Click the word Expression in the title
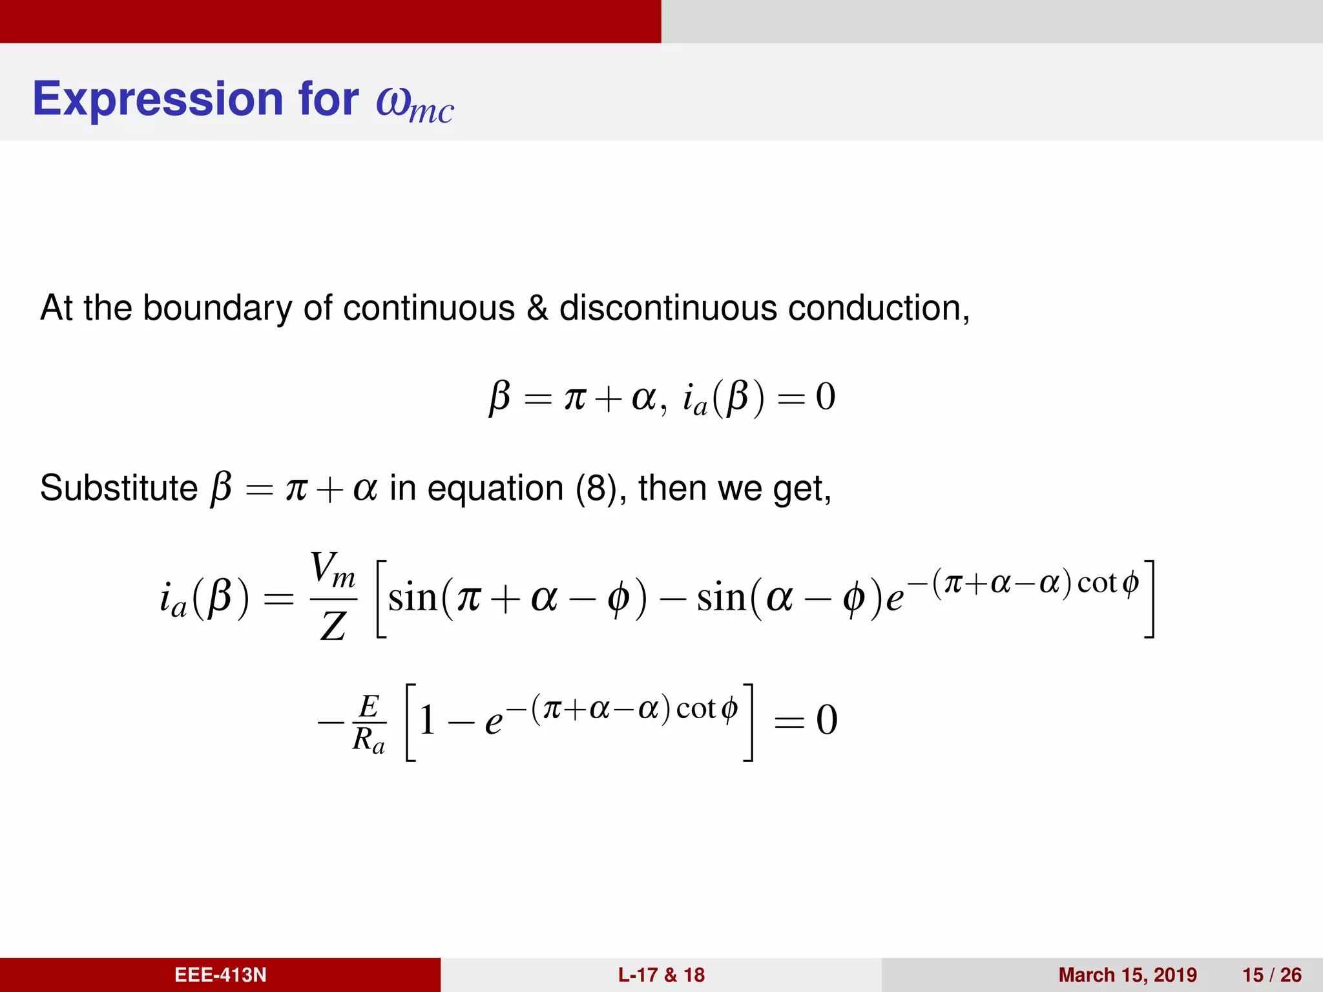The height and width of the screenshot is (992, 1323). (159, 99)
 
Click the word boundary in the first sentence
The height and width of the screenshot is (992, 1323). (217, 308)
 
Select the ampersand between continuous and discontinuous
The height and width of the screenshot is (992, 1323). (537, 308)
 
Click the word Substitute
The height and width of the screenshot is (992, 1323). (119, 488)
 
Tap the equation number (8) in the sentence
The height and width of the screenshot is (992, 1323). (596, 488)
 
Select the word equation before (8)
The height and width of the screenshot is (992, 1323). (495, 489)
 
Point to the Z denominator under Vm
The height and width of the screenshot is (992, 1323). (333, 626)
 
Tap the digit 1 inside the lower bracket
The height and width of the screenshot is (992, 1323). (427, 720)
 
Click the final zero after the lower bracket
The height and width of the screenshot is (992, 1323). (826, 720)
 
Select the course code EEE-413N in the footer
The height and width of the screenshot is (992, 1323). (220, 975)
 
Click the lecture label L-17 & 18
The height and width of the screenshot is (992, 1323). (661, 975)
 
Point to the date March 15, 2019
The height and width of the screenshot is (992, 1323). (1127, 975)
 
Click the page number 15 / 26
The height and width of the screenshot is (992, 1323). (1271, 975)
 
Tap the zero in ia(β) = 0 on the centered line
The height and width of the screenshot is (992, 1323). (825, 397)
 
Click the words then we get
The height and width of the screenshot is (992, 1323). (734, 488)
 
